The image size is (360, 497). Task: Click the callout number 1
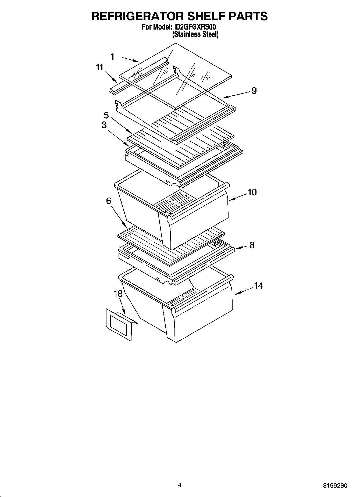pyautogui.click(x=113, y=56)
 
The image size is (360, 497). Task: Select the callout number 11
pyautogui.click(x=100, y=67)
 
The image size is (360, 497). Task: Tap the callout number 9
pyautogui.click(x=254, y=91)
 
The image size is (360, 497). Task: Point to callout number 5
pyautogui.click(x=106, y=116)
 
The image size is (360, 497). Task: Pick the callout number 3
pyautogui.click(x=104, y=125)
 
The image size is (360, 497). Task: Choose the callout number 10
pyautogui.click(x=252, y=192)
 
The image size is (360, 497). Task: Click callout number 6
pyautogui.click(x=109, y=201)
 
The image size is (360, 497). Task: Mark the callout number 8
pyautogui.click(x=252, y=245)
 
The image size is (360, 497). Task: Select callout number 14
pyautogui.click(x=258, y=286)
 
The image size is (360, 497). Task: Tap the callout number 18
pyautogui.click(x=118, y=294)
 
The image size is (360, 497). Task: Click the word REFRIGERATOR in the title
pyautogui.click(x=137, y=16)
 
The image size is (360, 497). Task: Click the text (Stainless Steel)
pyautogui.click(x=195, y=34)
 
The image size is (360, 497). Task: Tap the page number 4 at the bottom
pyautogui.click(x=180, y=485)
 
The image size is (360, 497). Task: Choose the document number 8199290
pyautogui.click(x=335, y=486)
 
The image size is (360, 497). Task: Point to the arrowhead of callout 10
pyautogui.click(x=230, y=199)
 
